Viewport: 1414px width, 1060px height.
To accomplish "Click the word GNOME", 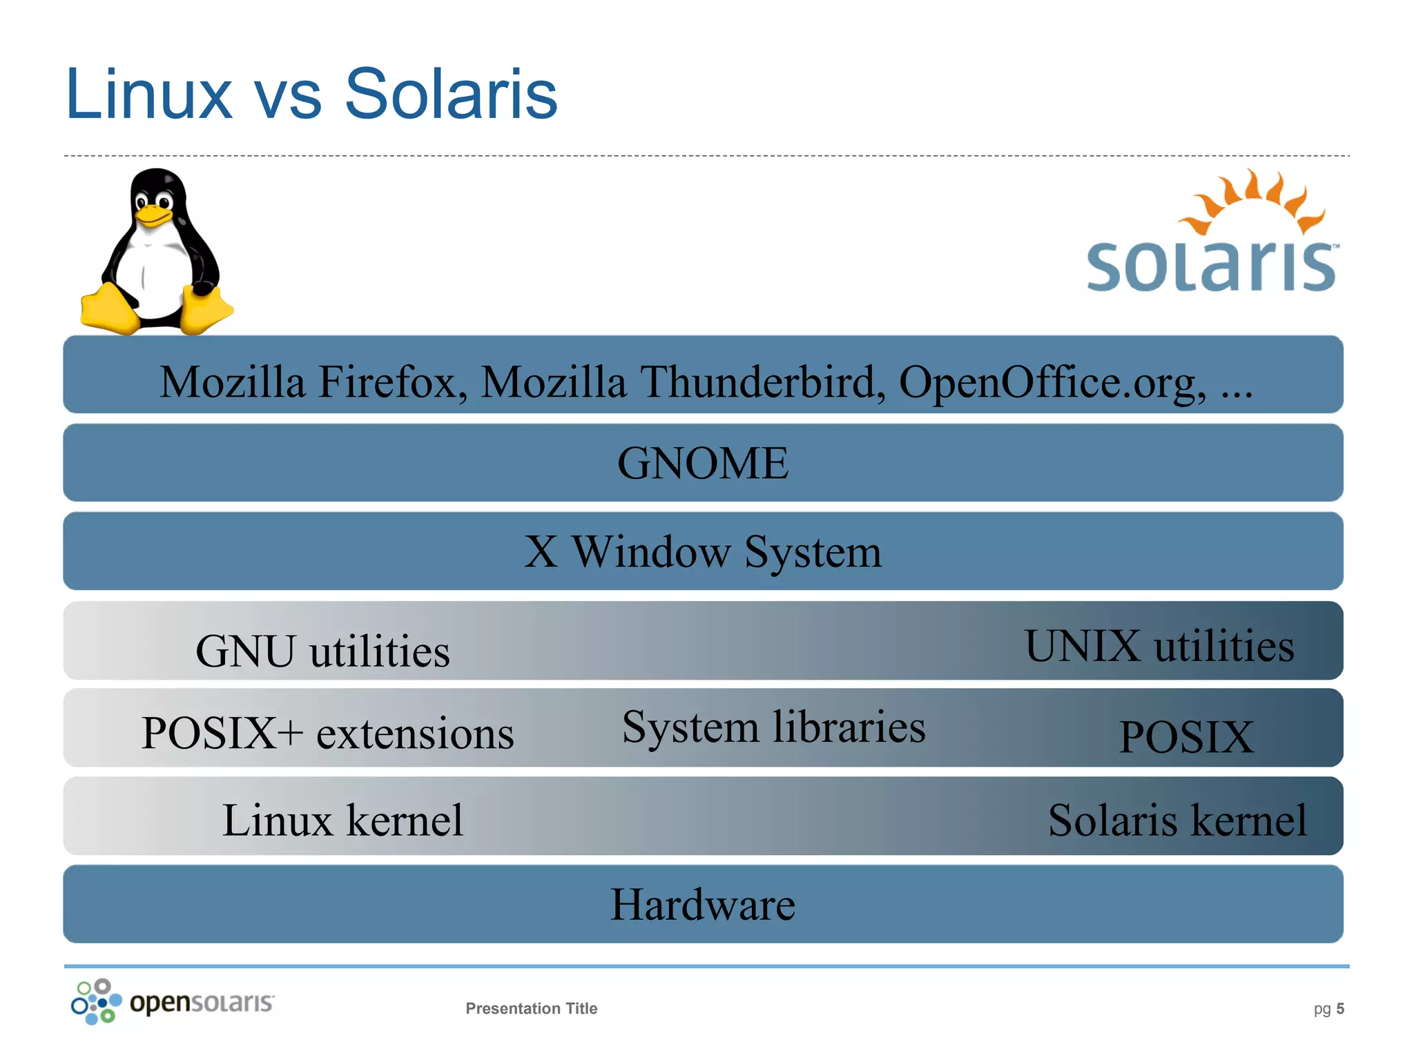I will click(x=703, y=463).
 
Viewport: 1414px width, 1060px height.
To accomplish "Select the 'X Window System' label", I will click(x=703, y=552).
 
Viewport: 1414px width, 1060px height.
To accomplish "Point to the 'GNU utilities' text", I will click(x=322, y=651).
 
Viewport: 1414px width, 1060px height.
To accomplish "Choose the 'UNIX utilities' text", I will click(x=1159, y=646).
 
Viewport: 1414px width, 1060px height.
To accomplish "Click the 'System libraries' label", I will click(x=773, y=727).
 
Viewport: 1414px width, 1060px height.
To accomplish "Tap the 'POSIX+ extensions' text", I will click(x=327, y=733).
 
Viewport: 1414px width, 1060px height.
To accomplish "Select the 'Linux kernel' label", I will click(x=342, y=821).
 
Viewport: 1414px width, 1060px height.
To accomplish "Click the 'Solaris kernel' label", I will click(x=1177, y=821).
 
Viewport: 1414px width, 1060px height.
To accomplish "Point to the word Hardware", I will click(x=703, y=905).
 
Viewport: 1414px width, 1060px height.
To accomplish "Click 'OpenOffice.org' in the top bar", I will click(x=1052, y=382).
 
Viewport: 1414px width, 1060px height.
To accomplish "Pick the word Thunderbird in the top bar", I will click(x=763, y=382).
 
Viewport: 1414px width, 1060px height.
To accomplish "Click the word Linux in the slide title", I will click(x=148, y=95).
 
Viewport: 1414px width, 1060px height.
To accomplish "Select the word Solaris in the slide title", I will click(x=450, y=95).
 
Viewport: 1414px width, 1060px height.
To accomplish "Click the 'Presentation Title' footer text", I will click(x=531, y=1008).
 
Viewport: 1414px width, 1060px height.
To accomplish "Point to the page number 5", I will click(x=1340, y=1008).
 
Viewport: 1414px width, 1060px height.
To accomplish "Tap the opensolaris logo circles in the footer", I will click(x=96, y=1001).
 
